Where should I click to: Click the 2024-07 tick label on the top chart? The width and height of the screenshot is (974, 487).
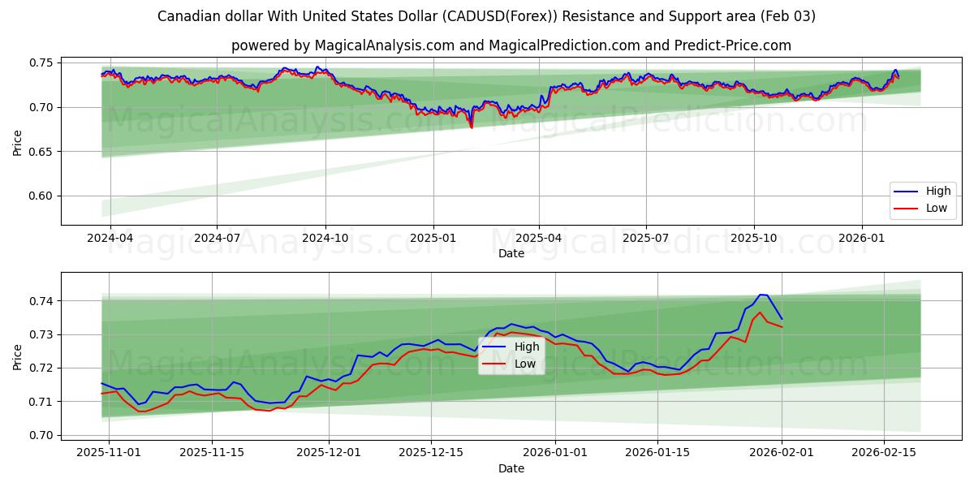point(217,239)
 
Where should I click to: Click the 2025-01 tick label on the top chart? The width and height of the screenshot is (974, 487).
point(433,239)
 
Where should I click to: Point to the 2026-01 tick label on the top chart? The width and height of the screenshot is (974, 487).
point(861,239)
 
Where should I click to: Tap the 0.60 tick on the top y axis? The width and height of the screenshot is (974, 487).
point(41,196)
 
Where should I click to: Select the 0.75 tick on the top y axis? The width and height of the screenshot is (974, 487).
point(41,62)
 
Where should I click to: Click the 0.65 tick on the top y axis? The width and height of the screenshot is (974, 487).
point(41,152)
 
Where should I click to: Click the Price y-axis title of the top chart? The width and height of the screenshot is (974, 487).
point(18,143)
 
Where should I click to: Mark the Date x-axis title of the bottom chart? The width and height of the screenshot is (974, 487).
point(511,468)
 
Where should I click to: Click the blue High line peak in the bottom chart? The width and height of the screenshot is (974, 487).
point(761,295)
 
